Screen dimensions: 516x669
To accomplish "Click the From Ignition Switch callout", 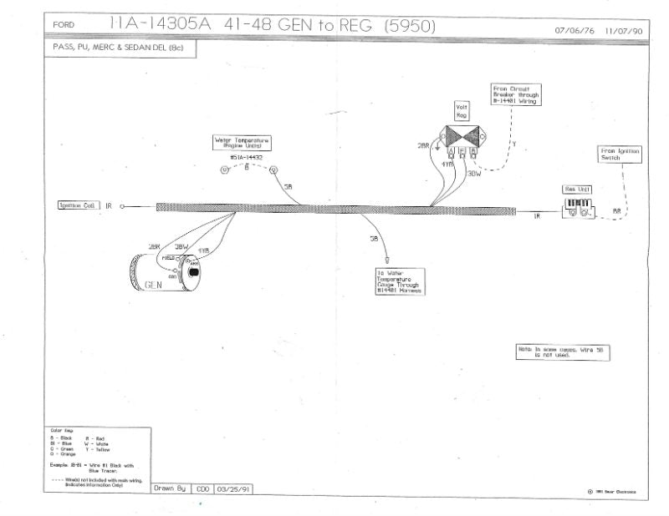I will coord(620,154).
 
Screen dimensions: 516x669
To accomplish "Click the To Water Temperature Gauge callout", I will coord(400,281).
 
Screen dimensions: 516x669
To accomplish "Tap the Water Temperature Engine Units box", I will coord(243,144).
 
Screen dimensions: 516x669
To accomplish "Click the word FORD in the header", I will coord(64,25).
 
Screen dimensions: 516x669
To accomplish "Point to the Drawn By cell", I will coord(170,488).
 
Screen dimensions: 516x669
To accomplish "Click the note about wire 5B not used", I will coord(563,352).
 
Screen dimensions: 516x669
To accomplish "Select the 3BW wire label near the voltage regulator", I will coord(474,174).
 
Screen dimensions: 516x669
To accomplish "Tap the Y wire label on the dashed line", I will coord(513,144).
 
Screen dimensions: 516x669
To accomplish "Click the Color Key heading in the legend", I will coord(62,430).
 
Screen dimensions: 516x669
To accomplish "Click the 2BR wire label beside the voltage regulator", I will coord(423,144).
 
